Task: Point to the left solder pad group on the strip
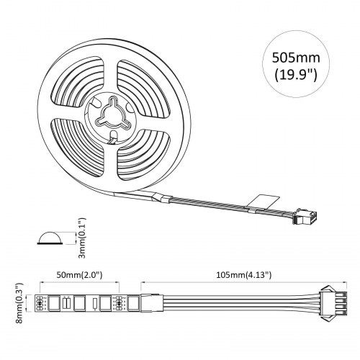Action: [x=39, y=303]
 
